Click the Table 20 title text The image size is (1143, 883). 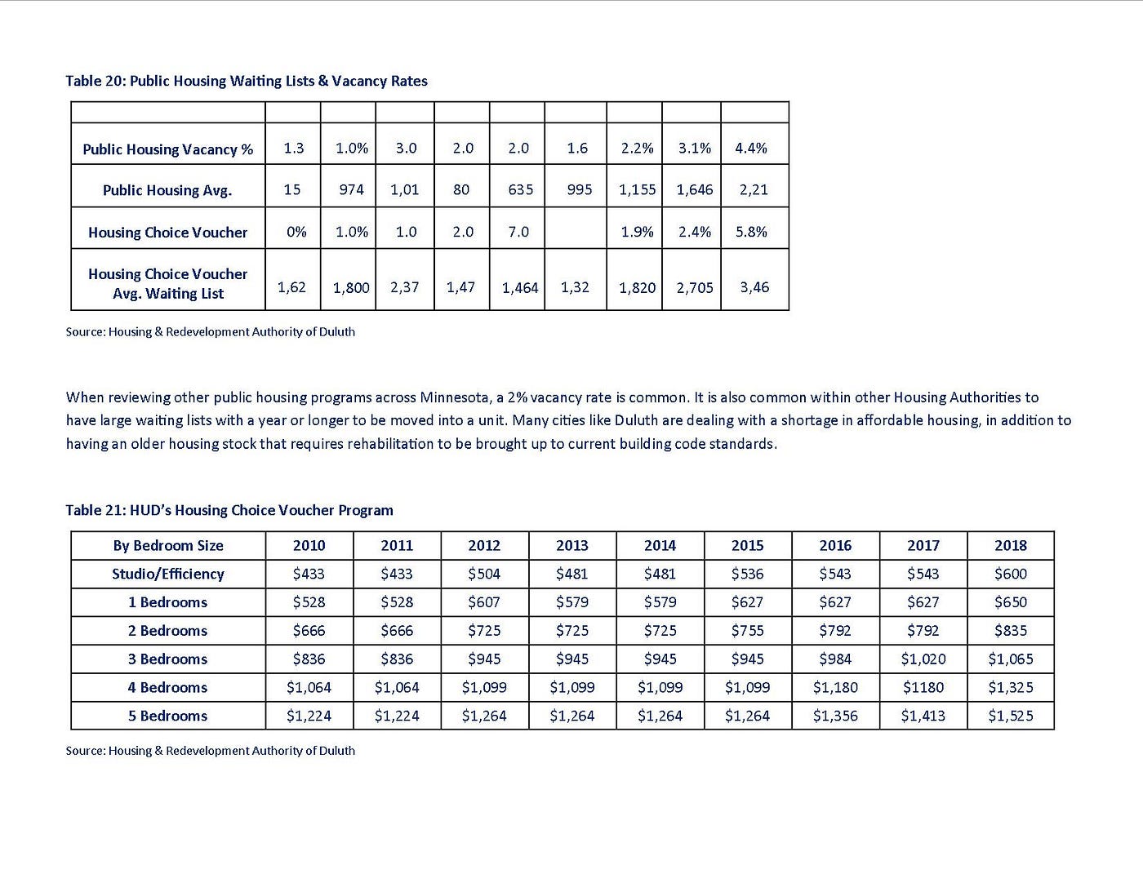point(247,81)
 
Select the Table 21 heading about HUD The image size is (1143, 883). point(229,510)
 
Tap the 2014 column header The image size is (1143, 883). point(660,545)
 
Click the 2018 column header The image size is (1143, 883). point(1011,545)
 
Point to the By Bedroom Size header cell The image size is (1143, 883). point(168,545)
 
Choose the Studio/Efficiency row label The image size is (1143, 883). point(168,574)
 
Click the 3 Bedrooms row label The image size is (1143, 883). point(168,659)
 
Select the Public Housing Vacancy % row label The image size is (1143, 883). point(168,149)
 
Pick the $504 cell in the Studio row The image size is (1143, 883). point(484,574)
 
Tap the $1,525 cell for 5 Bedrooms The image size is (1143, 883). point(1011,716)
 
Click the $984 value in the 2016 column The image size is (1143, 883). point(835,659)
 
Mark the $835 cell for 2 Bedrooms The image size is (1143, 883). point(1011,630)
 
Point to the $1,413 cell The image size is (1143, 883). point(923,716)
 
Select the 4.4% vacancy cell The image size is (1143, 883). point(751,148)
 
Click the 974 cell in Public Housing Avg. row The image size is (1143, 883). point(351,189)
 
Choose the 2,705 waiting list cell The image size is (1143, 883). point(695,287)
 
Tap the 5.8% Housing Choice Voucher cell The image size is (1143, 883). point(751,232)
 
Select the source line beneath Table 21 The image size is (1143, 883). point(211,750)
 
